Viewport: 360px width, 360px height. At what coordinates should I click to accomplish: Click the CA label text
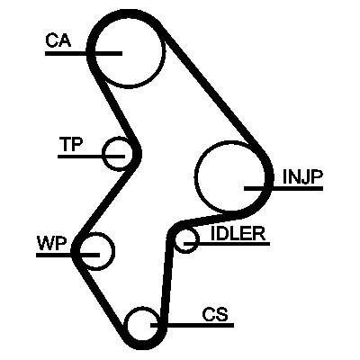click(58, 41)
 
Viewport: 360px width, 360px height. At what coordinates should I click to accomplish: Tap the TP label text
click(71, 144)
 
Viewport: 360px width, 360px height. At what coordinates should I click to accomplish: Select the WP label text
click(51, 243)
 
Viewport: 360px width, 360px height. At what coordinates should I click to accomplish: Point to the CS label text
click(215, 314)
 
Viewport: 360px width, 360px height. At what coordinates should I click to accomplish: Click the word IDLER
click(238, 233)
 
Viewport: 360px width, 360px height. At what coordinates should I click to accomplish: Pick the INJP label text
click(302, 177)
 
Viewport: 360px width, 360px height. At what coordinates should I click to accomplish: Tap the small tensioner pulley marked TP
click(117, 139)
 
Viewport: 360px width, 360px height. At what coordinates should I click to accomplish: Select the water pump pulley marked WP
click(113, 251)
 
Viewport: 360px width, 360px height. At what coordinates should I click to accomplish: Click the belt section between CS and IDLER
click(167, 279)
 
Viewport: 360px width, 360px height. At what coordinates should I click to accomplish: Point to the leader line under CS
click(192, 325)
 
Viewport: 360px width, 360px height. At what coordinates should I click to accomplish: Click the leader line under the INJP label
click(283, 188)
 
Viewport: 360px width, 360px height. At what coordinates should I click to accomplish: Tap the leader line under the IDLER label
click(227, 244)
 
